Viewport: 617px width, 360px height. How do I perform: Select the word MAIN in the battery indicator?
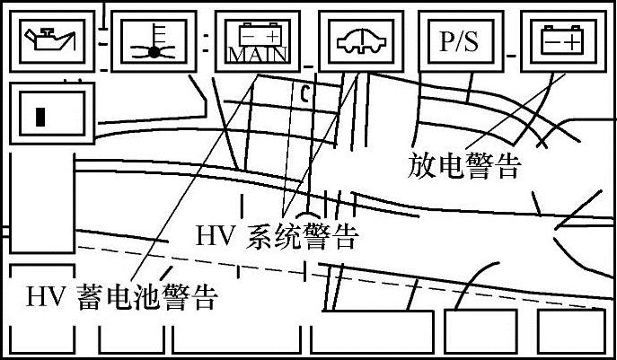click(257, 55)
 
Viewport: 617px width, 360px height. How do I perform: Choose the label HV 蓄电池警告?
click(121, 295)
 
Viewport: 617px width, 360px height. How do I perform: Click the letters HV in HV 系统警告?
click(214, 236)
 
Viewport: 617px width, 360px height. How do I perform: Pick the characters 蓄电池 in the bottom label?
click(119, 295)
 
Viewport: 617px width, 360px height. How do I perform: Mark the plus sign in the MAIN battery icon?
click(273, 35)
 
